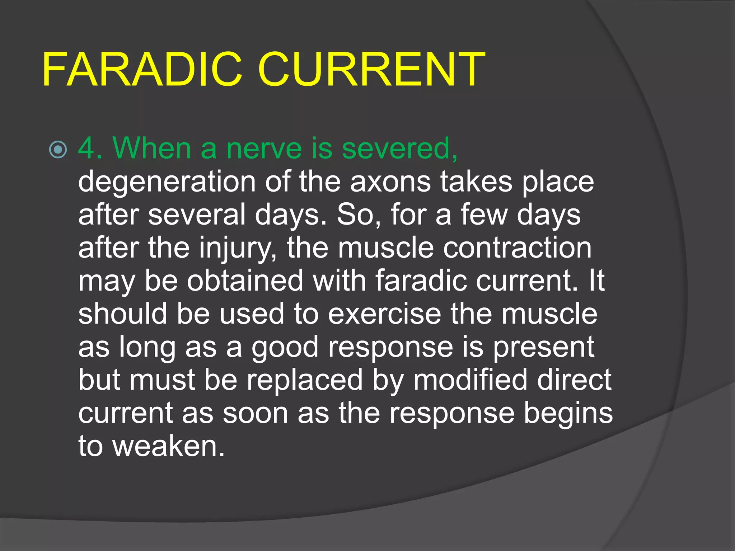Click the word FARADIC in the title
point(142,69)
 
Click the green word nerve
point(264,149)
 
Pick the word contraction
point(517,248)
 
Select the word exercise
point(384,314)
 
